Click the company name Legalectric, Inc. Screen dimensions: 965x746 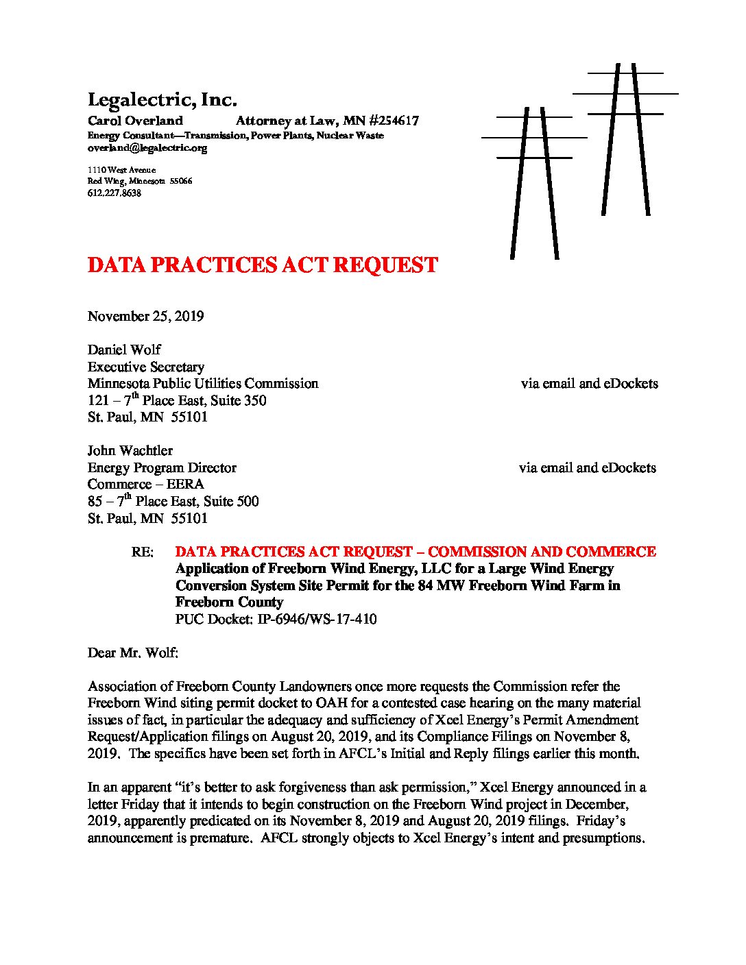coord(162,100)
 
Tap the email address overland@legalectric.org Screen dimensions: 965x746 coord(147,148)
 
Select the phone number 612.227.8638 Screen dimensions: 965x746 coord(115,193)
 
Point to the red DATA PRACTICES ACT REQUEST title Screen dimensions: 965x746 coord(263,266)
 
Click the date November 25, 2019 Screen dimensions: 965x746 coord(145,316)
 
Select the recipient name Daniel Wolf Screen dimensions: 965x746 coord(124,350)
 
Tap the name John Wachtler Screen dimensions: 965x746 coord(130,450)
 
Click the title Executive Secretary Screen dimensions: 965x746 coord(145,367)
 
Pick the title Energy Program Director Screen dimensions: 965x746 coord(162,467)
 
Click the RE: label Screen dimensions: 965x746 coord(142,552)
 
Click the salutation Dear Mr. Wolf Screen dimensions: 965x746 coord(132,652)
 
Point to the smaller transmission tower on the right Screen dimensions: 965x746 coord(625,137)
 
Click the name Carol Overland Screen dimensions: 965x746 coord(135,121)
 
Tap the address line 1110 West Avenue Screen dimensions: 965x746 coord(121,170)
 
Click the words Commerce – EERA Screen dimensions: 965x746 coord(145,485)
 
